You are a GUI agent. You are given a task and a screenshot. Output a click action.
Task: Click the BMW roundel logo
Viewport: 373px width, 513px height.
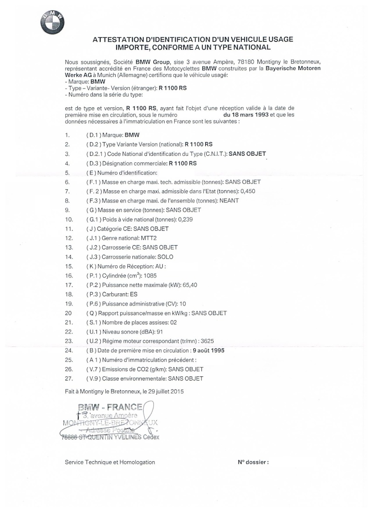[52, 21]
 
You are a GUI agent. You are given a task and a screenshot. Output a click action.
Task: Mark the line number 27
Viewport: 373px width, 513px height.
[69, 378]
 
